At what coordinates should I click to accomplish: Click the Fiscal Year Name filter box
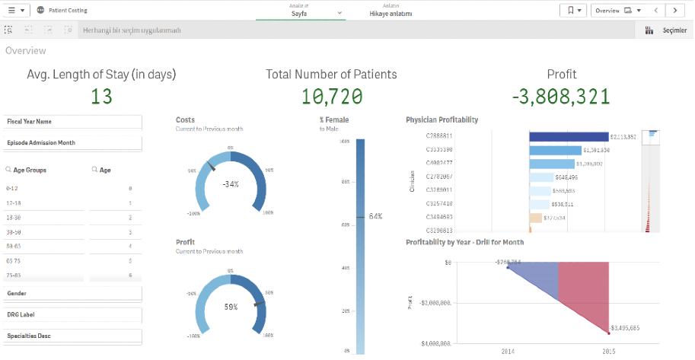coord(72,122)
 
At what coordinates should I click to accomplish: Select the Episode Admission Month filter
coord(72,142)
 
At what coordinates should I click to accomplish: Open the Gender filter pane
coord(72,293)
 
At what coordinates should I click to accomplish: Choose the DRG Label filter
coord(72,314)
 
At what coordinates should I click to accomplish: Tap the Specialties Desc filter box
coord(72,336)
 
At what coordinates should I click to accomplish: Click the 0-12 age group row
coord(13,188)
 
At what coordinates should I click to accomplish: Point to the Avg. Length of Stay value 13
coord(101,97)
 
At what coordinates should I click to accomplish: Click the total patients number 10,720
coord(331,97)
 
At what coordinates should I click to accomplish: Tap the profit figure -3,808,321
coord(561,97)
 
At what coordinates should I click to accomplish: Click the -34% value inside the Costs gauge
coord(231,184)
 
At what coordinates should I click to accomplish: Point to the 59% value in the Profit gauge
coord(231,307)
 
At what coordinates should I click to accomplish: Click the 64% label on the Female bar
coord(375,217)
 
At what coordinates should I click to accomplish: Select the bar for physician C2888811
coord(569,137)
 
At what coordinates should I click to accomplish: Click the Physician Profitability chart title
coord(442,120)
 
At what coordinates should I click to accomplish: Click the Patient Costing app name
coord(67,11)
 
